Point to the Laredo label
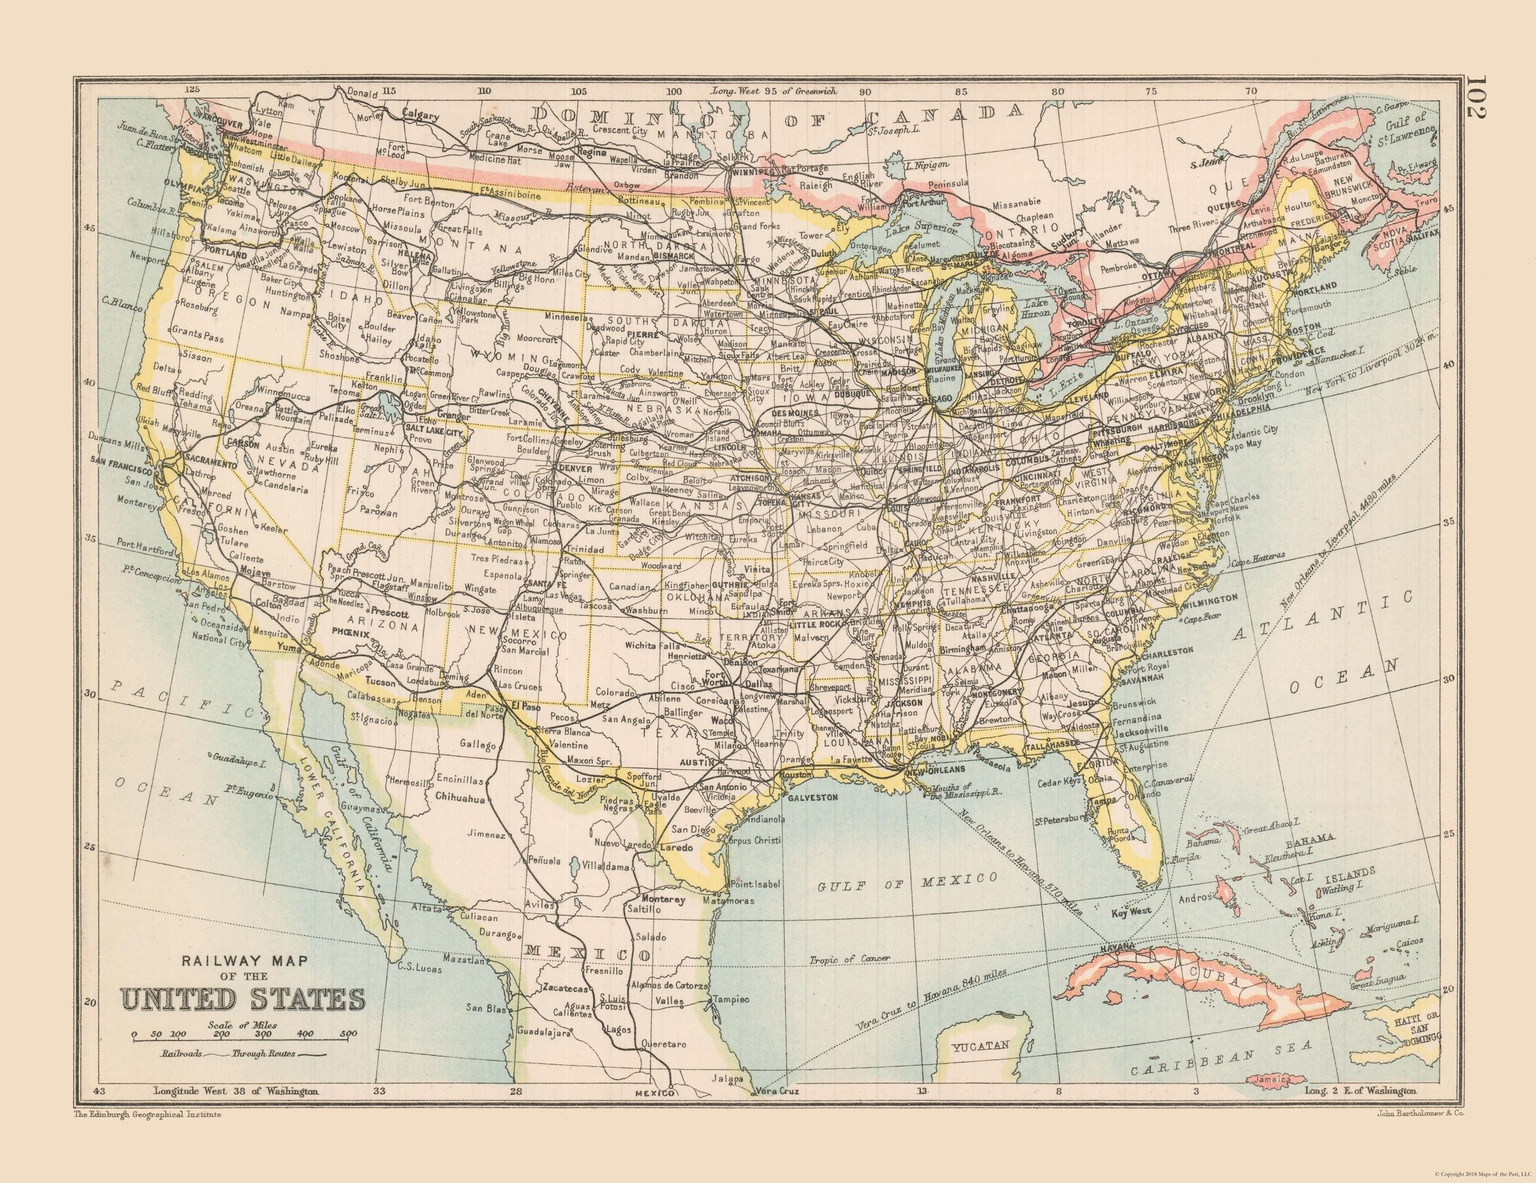pyautogui.click(x=678, y=849)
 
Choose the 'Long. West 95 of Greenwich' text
pyautogui.click(x=774, y=92)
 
